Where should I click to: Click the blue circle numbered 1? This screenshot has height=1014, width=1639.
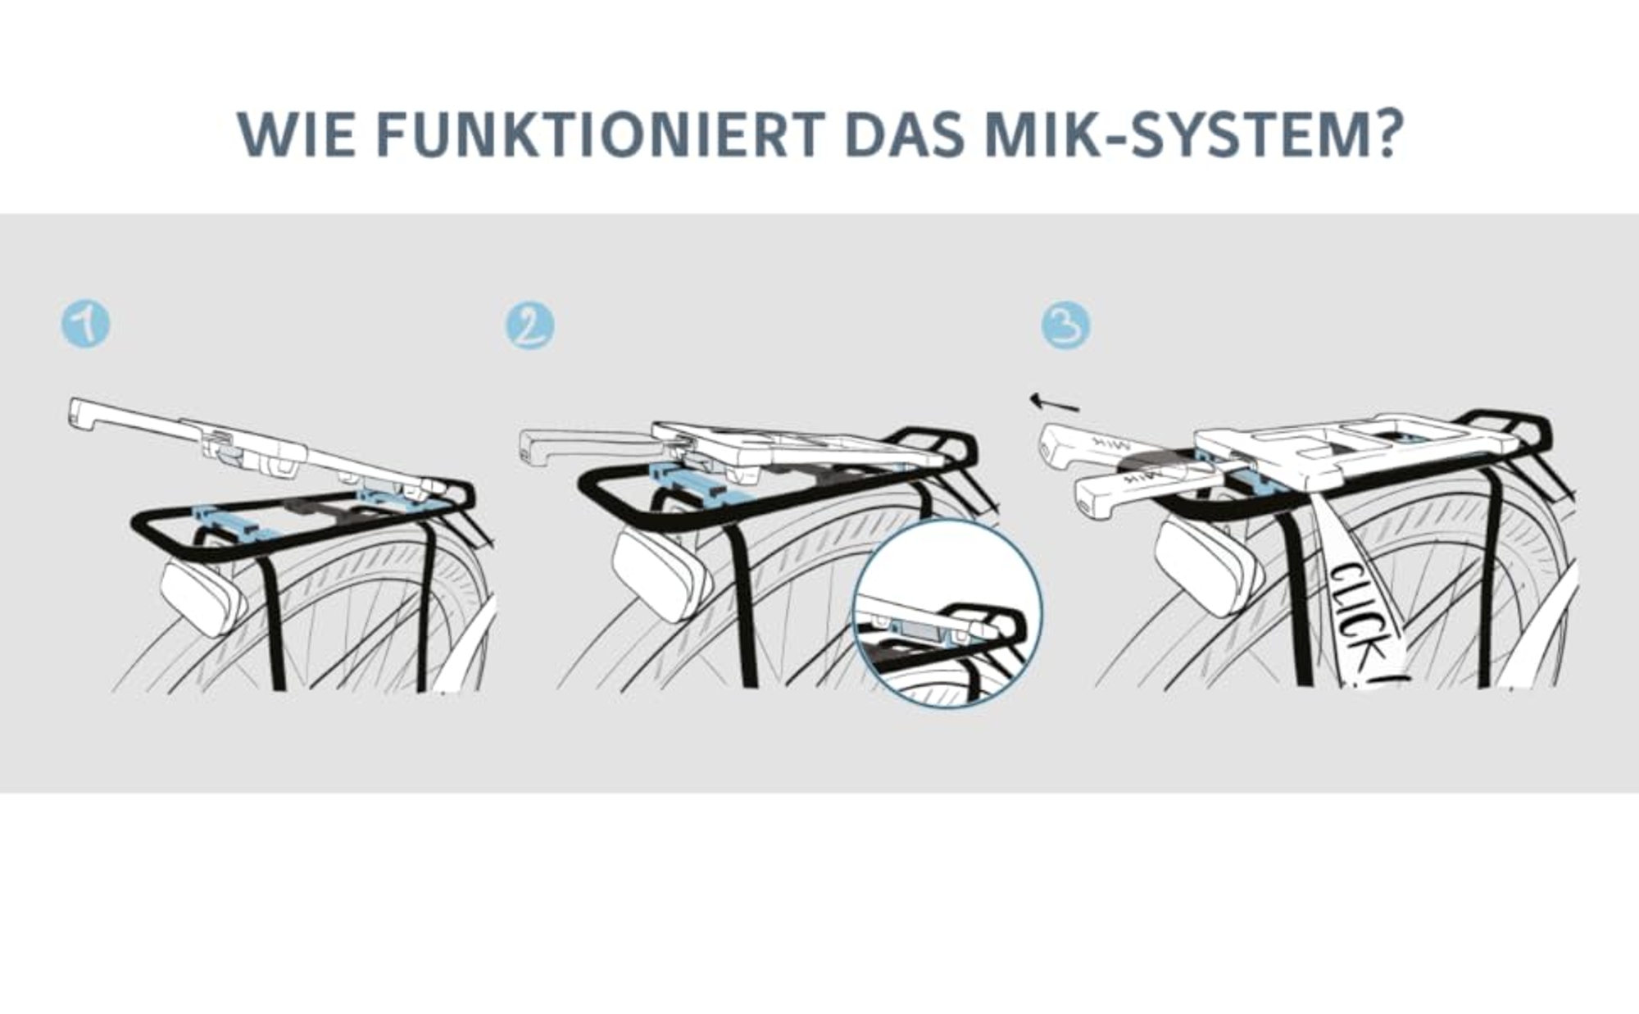86,325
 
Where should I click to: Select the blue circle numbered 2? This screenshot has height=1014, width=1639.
530,325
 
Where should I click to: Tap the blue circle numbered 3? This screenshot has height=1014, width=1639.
1065,325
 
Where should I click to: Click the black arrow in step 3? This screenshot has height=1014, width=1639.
1055,402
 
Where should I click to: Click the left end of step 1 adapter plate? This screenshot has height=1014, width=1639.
74,412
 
